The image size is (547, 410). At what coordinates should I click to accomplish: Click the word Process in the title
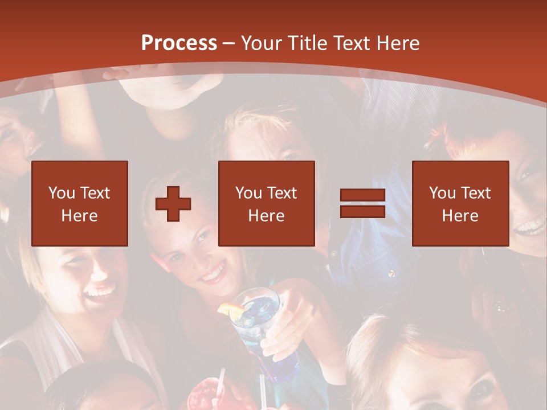pyautogui.click(x=179, y=43)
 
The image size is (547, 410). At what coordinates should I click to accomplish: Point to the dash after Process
pyautogui.click(x=229, y=44)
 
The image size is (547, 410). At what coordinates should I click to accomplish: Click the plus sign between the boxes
pyautogui.click(x=173, y=204)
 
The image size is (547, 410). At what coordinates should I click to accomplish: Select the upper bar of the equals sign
pyautogui.click(x=362, y=195)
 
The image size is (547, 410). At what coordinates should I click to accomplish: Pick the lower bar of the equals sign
pyautogui.click(x=362, y=211)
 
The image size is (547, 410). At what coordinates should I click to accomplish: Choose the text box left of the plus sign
pyautogui.click(x=80, y=203)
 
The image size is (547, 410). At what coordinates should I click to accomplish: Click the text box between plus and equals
pyautogui.click(x=267, y=203)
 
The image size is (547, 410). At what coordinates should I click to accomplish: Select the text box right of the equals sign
pyautogui.click(x=460, y=203)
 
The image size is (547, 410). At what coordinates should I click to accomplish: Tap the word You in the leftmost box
pyautogui.click(x=60, y=193)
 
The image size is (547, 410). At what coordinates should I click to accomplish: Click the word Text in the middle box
pyautogui.click(x=281, y=193)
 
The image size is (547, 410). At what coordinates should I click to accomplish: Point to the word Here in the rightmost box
pyautogui.click(x=460, y=216)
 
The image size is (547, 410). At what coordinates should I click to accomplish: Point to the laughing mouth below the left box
pyautogui.click(x=100, y=294)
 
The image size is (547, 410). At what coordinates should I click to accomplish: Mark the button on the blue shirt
pyautogui.click(x=391, y=274)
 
